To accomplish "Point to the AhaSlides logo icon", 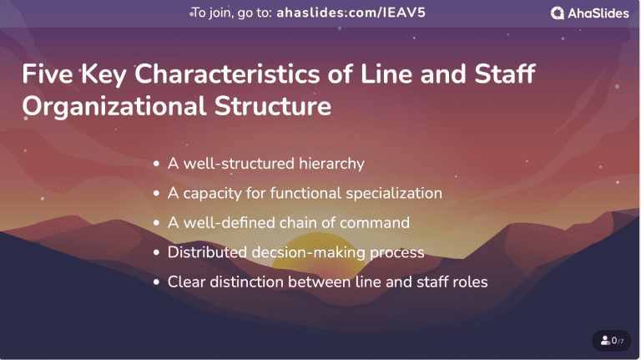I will (558, 13).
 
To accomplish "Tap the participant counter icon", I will (605, 341).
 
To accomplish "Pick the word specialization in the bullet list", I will (391, 193).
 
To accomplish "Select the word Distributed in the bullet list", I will (204, 251).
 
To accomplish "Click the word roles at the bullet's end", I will (469, 281).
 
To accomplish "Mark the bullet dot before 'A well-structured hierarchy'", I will (156, 165).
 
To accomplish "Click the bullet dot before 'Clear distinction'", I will (156, 282).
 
